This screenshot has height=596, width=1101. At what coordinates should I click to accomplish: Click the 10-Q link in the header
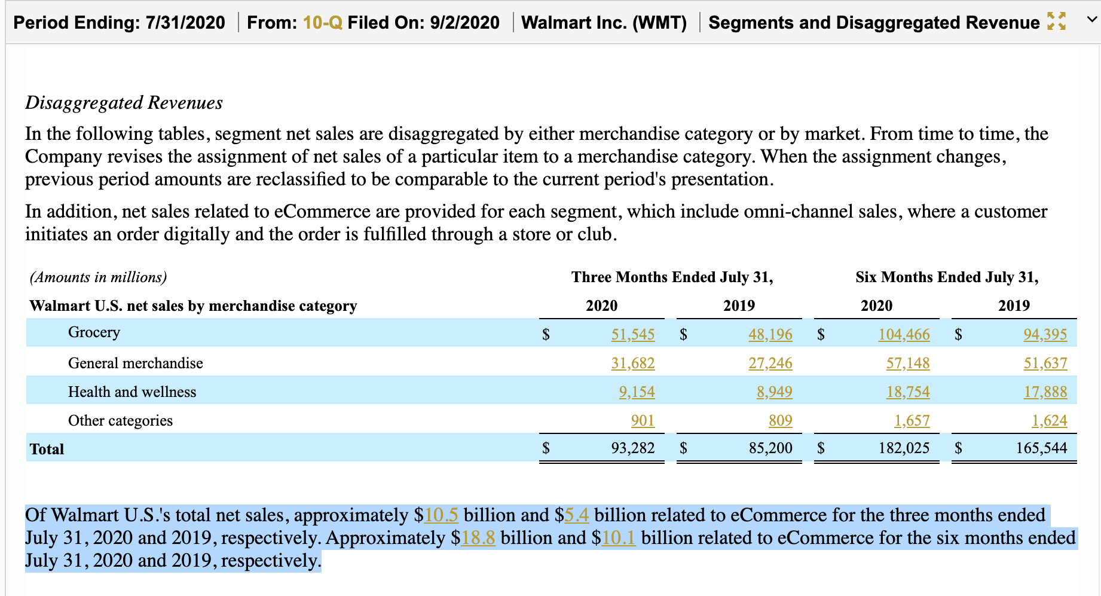(x=322, y=23)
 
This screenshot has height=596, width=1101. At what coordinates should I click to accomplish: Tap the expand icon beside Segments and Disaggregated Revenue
(x=1056, y=22)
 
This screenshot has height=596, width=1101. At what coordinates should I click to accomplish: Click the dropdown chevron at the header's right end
(x=1091, y=20)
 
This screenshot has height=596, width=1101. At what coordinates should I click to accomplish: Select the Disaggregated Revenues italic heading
(x=124, y=103)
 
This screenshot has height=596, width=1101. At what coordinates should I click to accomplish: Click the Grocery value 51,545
(x=632, y=334)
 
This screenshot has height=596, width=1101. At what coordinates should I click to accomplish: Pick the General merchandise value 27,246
(x=770, y=363)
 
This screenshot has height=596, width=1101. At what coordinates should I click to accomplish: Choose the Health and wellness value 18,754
(x=907, y=392)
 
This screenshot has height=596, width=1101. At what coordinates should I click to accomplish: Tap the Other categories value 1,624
(x=1049, y=420)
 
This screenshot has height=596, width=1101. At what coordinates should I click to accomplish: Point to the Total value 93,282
(x=632, y=448)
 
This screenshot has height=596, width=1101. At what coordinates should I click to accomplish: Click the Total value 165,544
(x=1041, y=448)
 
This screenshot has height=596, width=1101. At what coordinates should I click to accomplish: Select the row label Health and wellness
(x=132, y=392)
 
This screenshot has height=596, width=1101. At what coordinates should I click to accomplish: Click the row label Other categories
(x=120, y=420)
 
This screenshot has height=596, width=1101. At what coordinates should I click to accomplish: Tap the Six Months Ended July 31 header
(x=947, y=277)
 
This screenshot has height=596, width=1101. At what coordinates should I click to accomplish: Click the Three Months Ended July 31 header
(x=672, y=277)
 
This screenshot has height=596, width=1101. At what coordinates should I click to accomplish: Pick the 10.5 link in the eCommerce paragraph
(x=441, y=515)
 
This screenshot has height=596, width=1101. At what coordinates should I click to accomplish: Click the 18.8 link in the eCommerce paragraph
(x=478, y=537)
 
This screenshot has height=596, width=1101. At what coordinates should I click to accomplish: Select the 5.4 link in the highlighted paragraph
(x=577, y=515)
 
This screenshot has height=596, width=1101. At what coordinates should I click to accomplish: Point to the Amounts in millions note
(x=99, y=277)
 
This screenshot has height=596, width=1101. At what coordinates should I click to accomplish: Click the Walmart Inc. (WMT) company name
(x=604, y=23)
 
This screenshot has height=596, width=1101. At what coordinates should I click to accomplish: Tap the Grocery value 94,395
(x=1045, y=334)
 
